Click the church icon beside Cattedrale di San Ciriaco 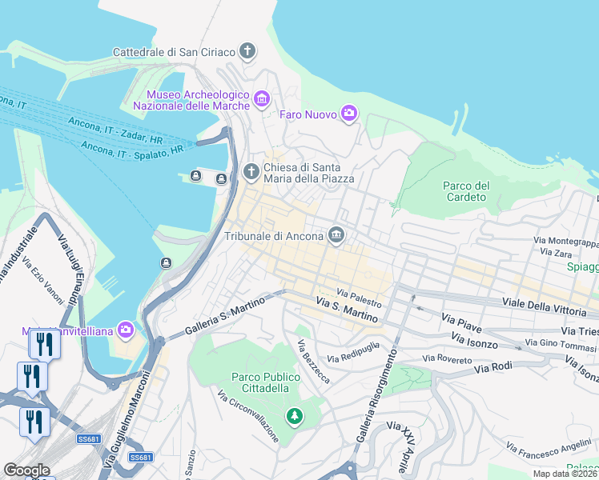tap(247, 52)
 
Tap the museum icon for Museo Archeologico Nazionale tap(261, 100)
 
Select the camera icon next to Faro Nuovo tap(348, 114)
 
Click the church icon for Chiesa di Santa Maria tap(251, 171)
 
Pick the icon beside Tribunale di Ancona tap(336, 235)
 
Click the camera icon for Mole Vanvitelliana tap(125, 329)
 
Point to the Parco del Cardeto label tap(465, 191)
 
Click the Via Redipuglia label tap(357, 355)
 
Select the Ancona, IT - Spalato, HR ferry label tap(131, 146)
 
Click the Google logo tap(26, 470)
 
